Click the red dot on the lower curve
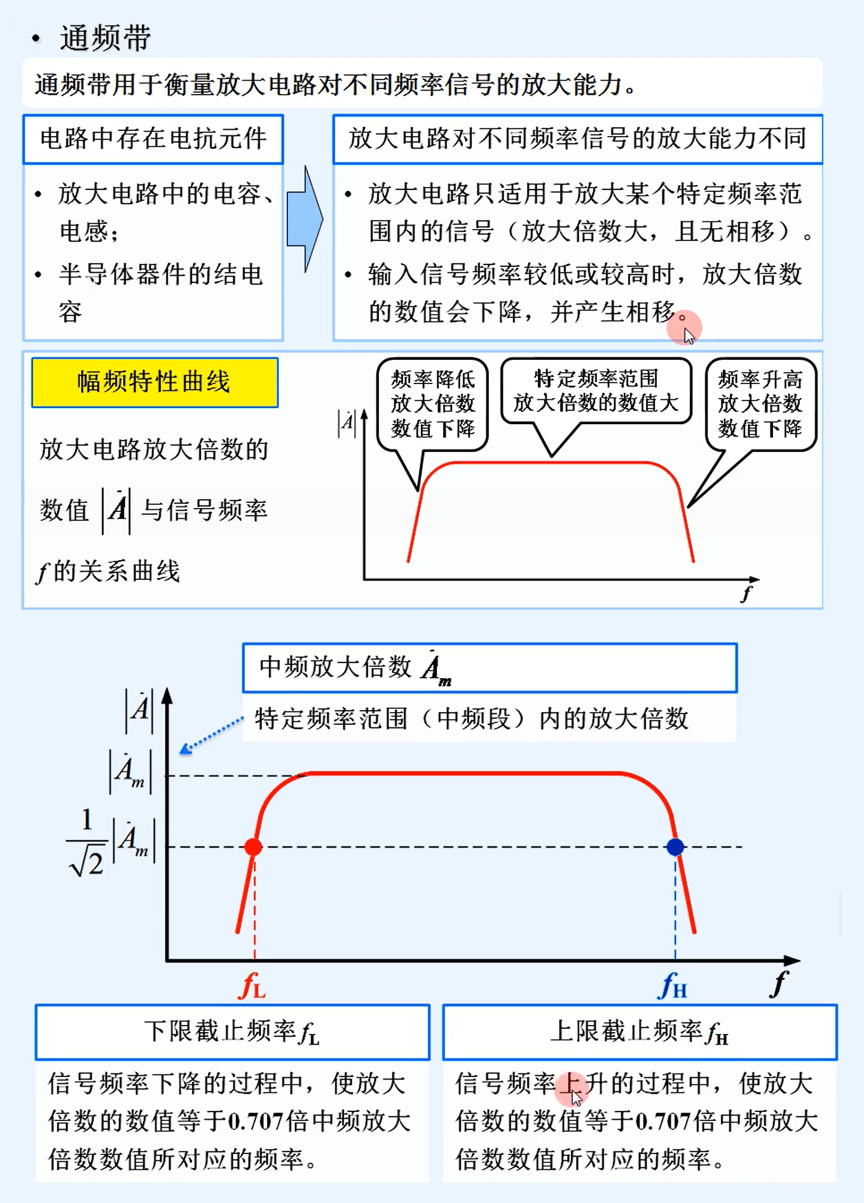tap(253, 847)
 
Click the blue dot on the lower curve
tap(675, 847)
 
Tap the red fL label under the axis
tap(252, 987)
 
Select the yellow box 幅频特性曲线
tap(154, 382)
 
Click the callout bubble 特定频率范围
tap(596, 391)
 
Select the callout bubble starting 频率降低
tap(432, 404)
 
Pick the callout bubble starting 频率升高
tap(760, 404)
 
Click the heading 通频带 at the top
tap(105, 38)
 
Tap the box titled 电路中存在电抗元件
tap(153, 139)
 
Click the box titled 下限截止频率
tap(232, 1032)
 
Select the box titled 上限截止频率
tap(640, 1032)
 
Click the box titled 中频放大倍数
tap(490, 668)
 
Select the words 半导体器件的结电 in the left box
tap(160, 275)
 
